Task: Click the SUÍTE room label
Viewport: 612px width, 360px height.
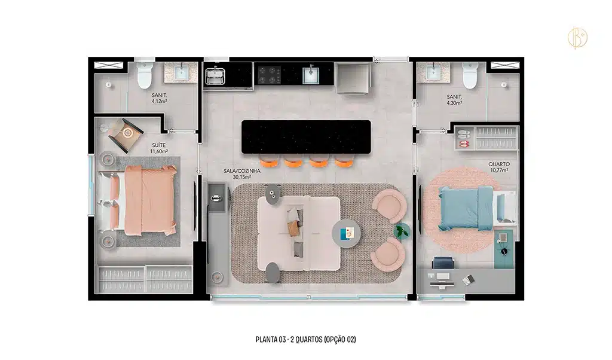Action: tap(159, 145)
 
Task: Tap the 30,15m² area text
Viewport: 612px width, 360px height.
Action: tap(241, 177)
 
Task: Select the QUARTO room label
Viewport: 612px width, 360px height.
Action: tap(499, 164)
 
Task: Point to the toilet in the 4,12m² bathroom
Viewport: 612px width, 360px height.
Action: tap(144, 74)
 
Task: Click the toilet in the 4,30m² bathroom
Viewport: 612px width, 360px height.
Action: tap(470, 75)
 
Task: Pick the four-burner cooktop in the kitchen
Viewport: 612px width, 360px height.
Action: tap(270, 75)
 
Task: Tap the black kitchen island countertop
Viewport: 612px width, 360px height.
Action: tap(306, 137)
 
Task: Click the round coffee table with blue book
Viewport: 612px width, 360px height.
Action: tap(346, 233)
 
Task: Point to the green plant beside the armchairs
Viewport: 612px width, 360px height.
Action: tap(402, 231)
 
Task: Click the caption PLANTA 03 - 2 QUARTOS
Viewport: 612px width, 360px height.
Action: tap(289, 339)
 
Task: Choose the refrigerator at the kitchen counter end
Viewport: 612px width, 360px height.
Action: tap(353, 78)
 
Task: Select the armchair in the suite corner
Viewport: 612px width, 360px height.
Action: tap(126, 135)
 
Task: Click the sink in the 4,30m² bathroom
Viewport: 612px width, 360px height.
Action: tap(433, 72)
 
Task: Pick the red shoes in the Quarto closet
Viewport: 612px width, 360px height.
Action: tap(464, 144)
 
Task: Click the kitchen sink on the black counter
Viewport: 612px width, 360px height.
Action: tap(311, 75)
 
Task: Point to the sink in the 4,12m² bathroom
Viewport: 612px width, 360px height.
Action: tap(181, 72)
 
